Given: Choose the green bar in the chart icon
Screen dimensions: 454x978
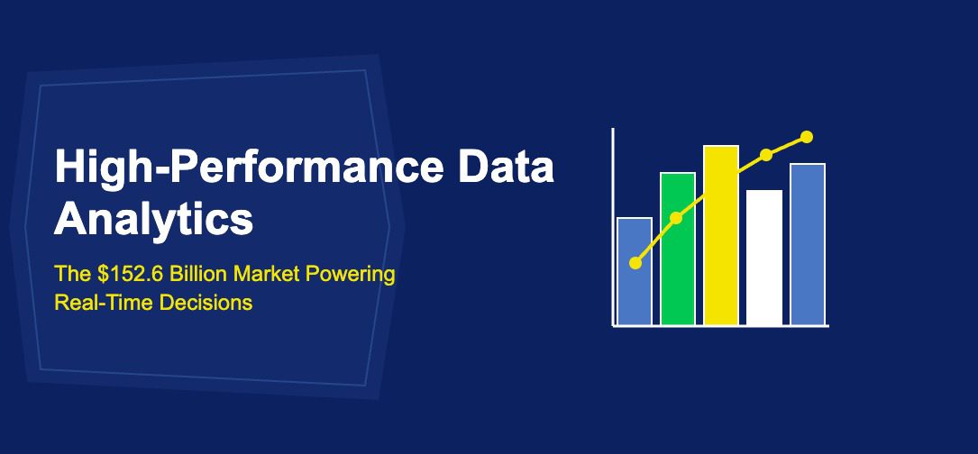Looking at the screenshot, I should [678, 270].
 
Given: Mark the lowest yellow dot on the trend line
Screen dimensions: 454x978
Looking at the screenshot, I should [635, 263].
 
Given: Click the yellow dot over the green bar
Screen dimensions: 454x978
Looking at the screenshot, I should [677, 218].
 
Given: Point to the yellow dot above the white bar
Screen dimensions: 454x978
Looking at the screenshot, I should [766, 155].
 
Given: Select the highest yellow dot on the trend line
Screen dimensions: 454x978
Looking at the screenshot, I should [807, 137].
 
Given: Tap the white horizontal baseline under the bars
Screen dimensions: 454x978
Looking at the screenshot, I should [721, 326].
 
